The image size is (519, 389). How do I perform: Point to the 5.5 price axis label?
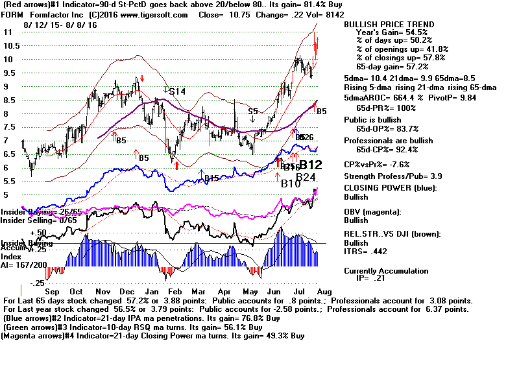click(x=9, y=181)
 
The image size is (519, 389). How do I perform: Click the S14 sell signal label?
click(x=177, y=92)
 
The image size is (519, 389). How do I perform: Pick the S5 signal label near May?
click(x=253, y=112)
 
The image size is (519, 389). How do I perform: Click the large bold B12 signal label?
click(x=309, y=165)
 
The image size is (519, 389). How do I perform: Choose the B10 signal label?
click(x=291, y=183)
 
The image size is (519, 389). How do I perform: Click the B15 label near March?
click(x=211, y=178)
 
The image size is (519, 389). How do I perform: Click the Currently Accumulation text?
click(x=386, y=271)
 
